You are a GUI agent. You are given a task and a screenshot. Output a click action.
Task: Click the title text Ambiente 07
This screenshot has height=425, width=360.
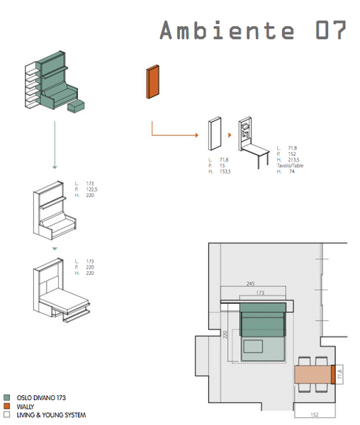point(252,30)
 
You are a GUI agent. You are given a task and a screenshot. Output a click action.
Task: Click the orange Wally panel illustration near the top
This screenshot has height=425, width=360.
point(152,81)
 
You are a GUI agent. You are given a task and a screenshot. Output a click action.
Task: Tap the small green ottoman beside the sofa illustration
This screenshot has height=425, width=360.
point(76,107)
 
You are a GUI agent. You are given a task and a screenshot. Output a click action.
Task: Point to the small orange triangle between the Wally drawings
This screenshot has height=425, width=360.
point(230,134)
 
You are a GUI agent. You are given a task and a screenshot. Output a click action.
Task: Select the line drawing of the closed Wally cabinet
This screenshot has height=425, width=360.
point(214,135)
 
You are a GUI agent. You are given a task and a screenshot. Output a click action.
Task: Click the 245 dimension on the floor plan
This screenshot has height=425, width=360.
point(250,284)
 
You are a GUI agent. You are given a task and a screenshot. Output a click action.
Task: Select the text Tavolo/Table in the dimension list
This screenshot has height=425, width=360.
point(288,165)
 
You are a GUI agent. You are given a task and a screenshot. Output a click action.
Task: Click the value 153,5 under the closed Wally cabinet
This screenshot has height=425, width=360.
point(226,171)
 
